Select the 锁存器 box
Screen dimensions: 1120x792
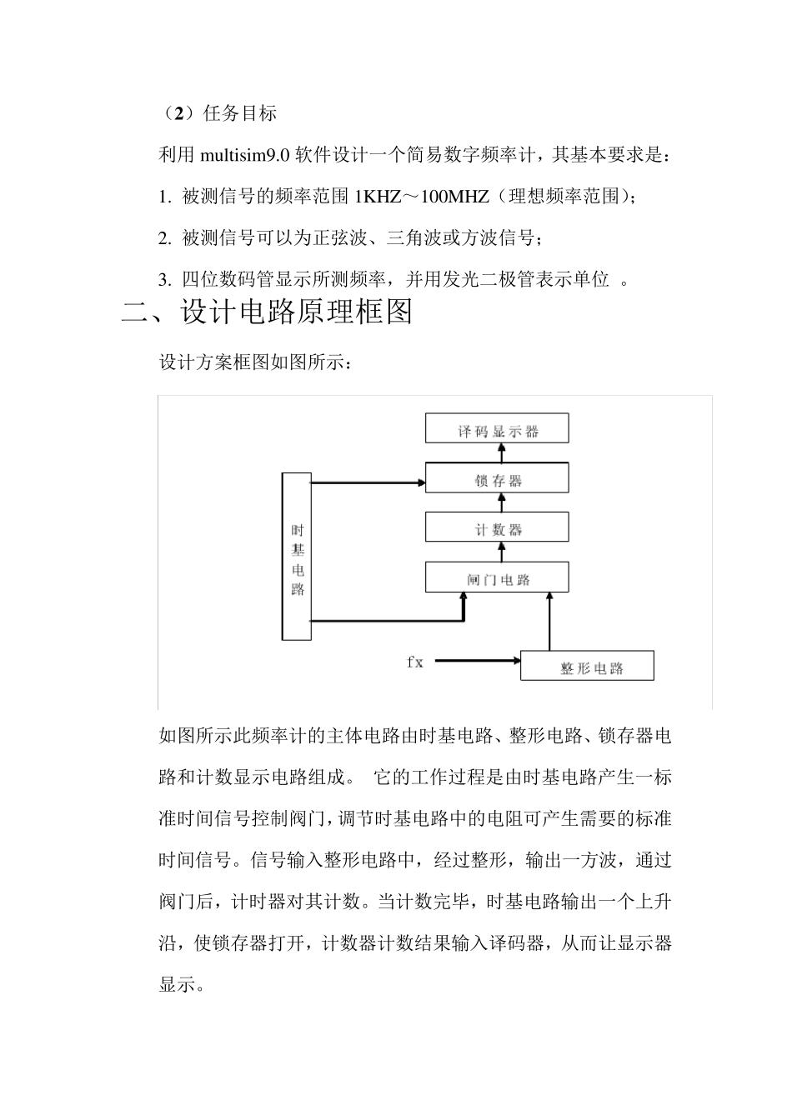[497, 479]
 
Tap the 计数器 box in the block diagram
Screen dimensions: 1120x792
[497, 528]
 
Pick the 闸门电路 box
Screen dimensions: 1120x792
[497, 577]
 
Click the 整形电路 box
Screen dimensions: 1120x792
[587, 667]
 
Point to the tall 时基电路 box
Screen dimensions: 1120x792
[297, 557]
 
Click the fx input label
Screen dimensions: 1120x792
[415, 662]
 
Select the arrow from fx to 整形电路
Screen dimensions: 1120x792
[475, 662]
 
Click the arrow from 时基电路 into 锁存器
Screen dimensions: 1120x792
[367, 482]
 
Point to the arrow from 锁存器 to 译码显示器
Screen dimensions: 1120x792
[502, 452]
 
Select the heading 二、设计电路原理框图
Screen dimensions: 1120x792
[267, 312]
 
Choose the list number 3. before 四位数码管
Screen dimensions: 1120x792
[164, 280]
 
